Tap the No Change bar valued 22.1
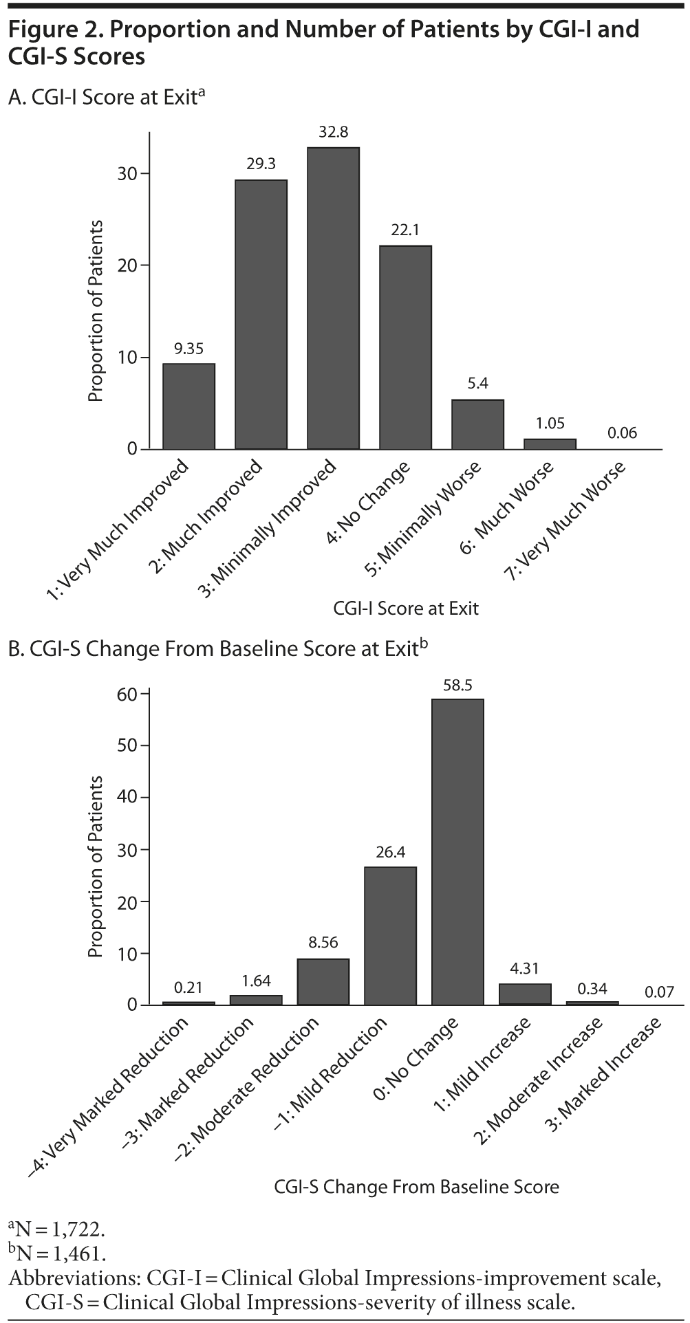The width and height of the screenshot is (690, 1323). point(405,347)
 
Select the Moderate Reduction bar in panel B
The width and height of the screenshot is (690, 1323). point(323,981)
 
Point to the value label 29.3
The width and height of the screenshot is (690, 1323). point(261,164)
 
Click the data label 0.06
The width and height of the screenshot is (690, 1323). point(623,433)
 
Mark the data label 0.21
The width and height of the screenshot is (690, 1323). point(188,987)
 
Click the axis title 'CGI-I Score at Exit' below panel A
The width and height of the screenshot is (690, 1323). point(406,609)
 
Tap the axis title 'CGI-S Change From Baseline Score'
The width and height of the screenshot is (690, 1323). point(416,1186)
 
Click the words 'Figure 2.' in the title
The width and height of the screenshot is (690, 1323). point(49,30)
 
